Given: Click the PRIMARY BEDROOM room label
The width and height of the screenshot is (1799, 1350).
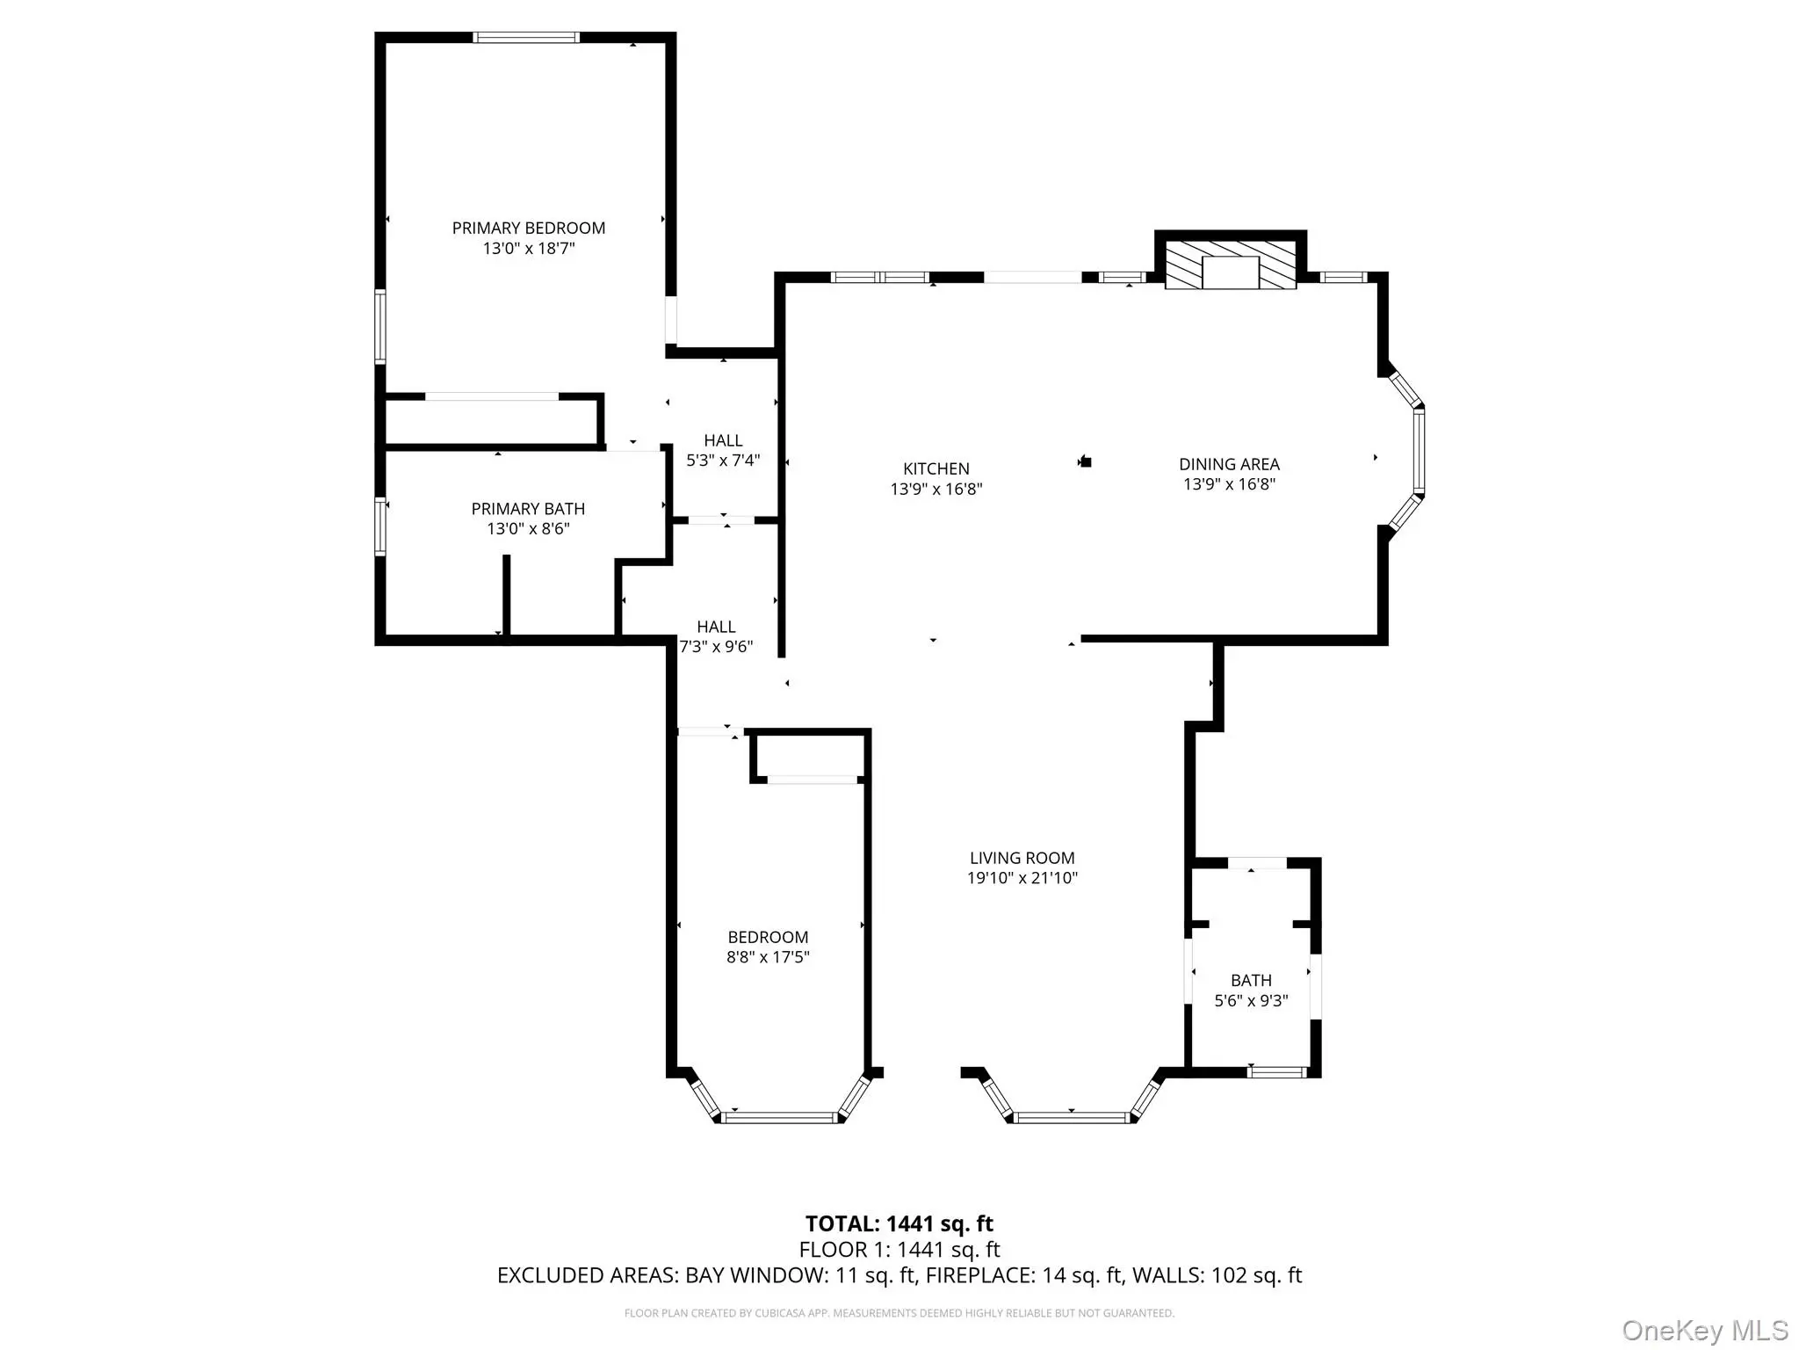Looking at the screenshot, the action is (528, 228).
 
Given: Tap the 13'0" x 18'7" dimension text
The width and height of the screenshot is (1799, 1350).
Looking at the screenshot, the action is (528, 249).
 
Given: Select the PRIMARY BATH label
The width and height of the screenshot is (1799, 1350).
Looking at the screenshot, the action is (528, 509).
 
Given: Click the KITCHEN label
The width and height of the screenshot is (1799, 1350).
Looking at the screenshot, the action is (936, 468).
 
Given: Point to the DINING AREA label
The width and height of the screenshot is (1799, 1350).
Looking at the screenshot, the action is (1229, 464).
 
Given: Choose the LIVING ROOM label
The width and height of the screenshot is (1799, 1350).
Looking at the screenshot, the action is (1022, 858).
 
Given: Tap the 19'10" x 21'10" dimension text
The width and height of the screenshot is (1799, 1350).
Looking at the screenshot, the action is (1022, 878).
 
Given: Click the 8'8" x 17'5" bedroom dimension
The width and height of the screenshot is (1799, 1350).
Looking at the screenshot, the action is (768, 957).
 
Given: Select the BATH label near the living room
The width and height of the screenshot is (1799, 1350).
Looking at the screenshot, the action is (1251, 980).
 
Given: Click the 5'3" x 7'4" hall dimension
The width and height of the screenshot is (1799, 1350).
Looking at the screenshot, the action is (723, 460).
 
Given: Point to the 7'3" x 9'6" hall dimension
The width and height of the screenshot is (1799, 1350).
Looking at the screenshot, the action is (717, 647).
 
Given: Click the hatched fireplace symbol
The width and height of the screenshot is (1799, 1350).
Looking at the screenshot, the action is (1231, 263).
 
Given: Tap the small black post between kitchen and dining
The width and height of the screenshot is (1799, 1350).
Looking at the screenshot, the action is (1086, 461).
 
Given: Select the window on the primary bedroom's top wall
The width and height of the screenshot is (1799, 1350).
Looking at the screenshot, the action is (526, 38).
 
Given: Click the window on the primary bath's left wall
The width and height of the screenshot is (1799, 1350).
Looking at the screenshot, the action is (380, 527).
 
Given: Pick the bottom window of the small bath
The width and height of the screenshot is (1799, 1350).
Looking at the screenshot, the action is (1278, 1071).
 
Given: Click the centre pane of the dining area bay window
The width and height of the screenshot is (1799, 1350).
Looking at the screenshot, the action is (1419, 452).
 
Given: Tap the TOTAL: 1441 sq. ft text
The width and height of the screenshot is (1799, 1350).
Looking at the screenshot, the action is (899, 1223).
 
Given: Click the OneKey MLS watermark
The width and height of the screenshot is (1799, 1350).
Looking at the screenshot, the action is (1705, 1330).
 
